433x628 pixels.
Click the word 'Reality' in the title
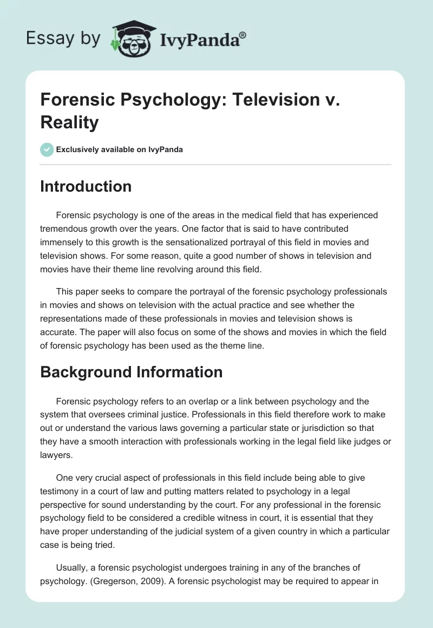(x=69, y=122)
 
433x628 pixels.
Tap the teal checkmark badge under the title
(x=47, y=149)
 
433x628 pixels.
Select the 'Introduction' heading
(x=86, y=186)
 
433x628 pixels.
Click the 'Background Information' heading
(x=132, y=372)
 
